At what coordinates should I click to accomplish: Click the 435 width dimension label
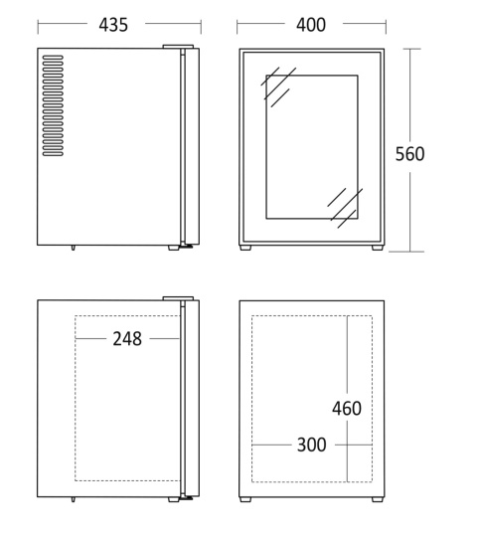pyautogui.click(x=113, y=25)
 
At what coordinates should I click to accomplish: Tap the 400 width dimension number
pyautogui.click(x=311, y=25)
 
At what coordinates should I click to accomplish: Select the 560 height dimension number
pyautogui.click(x=409, y=154)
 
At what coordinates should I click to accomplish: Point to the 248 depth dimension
pyautogui.click(x=127, y=339)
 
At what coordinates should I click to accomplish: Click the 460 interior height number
pyautogui.click(x=347, y=409)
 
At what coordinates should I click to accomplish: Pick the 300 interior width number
pyautogui.click(x=311, y=445)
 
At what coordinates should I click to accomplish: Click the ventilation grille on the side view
pyautogui.click(x=53, y=105)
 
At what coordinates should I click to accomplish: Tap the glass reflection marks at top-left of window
pyautogui.click(x=278, y=87)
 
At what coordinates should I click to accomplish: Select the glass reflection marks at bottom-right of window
pyautogui.click(x=345, y=208)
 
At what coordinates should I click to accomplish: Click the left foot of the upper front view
pyautogui.click(x=245, y=248)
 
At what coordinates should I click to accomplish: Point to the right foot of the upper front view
pyautogui.click(x=378, y=248)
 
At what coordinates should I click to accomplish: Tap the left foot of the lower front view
pyautogui.click(x=245, y=499)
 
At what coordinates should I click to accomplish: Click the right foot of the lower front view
pyautogui.click(x=378, y=499)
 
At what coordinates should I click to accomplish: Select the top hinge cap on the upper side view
pyautogui.click(x=178, y=47)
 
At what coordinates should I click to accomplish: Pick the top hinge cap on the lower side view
pyautogui.click(x=178, y=298)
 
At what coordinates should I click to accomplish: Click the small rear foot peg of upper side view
pyautogui.click(x=74, y=248)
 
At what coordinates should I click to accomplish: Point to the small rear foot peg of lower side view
pyautogui.click(x=74, y=499)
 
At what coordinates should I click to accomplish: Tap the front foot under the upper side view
pyautogui.click(x=174, y=248)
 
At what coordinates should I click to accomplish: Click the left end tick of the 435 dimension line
pyautogui.click(x=38, y=28)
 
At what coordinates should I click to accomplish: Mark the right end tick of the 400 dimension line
pyautogui.click(x=386, y=28)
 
